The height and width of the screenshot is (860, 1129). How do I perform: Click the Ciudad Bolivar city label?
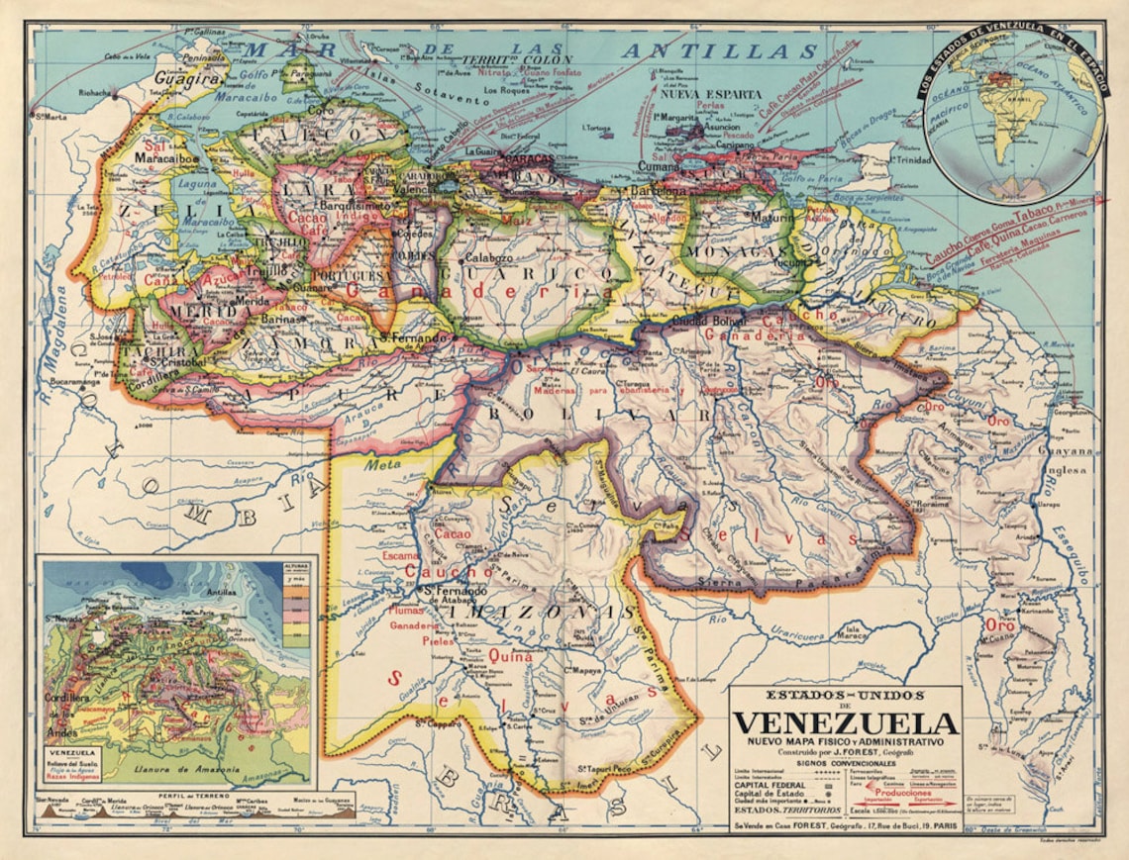pos(711,322)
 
